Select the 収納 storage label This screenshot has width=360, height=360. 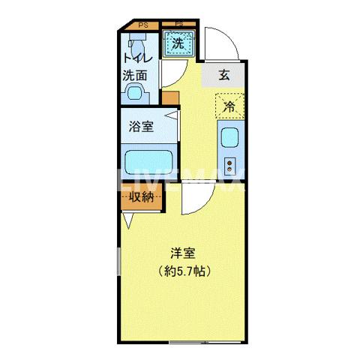click(141, 198)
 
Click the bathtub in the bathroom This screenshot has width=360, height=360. click(149, 162)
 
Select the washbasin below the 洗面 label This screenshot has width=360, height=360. click(135, 93)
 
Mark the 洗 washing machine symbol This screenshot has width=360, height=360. click(178, 43)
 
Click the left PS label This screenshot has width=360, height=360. click(142, 25)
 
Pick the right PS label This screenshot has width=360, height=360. click(179, 25)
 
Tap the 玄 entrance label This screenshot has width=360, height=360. click(223, 75)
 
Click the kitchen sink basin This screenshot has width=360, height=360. click(229, 138)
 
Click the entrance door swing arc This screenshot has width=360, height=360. click(222, 45)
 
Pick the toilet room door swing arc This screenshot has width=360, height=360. click(171, 75)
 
